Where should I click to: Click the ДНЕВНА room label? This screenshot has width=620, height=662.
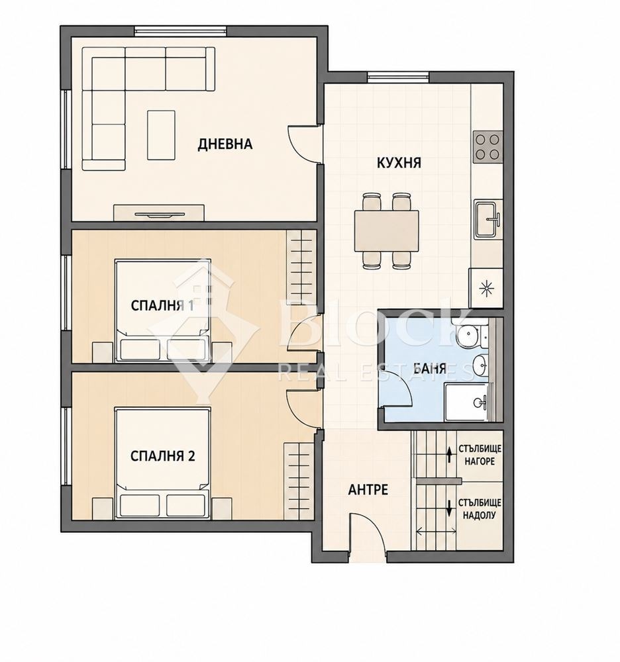coord(225,144)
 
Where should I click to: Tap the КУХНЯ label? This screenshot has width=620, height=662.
coord(399,163)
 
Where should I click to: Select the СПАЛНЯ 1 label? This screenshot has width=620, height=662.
coord(162,305)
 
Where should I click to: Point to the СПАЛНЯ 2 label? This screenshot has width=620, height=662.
coord(162,456)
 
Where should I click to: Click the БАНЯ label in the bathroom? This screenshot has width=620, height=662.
coord(429,368)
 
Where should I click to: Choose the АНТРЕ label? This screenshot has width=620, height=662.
coord(368,489)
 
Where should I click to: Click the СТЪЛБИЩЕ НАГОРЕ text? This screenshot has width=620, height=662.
coord(480,455)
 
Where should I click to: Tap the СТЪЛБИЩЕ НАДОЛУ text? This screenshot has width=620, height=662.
coord(480,508)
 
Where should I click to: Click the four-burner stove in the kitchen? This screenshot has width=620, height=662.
coord(488,147)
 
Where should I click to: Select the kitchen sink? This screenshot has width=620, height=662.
coord(488,219)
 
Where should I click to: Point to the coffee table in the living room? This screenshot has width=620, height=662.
coord(162,135)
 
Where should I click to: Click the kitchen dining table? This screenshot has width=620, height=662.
coord(386,230)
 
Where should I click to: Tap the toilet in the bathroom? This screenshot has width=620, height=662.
coord(471,335)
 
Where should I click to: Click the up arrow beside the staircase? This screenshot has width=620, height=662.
coord(449,455)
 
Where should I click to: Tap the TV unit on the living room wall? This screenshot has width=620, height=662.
coord(159,213)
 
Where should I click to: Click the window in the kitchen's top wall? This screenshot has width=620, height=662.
coord(398,77)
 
